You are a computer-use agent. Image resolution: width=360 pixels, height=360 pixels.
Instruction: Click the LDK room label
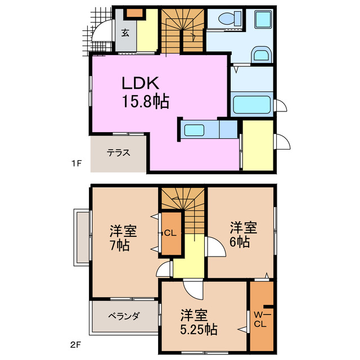(142, 83)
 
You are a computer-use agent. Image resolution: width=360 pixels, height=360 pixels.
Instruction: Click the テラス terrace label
(119, 152)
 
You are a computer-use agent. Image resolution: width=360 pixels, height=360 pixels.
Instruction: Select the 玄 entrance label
(125, 33)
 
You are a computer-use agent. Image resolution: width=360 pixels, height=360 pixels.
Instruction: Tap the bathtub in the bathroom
(252, 105)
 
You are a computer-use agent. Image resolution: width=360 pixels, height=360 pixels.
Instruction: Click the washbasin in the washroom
(261, 55)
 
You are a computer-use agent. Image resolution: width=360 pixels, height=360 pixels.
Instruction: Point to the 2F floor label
(77, 342)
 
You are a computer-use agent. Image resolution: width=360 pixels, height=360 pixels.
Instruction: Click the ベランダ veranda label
(124, 316)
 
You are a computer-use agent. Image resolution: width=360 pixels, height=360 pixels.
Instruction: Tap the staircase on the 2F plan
(183, 205)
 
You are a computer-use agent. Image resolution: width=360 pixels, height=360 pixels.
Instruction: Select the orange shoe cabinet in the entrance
(134, 13)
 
